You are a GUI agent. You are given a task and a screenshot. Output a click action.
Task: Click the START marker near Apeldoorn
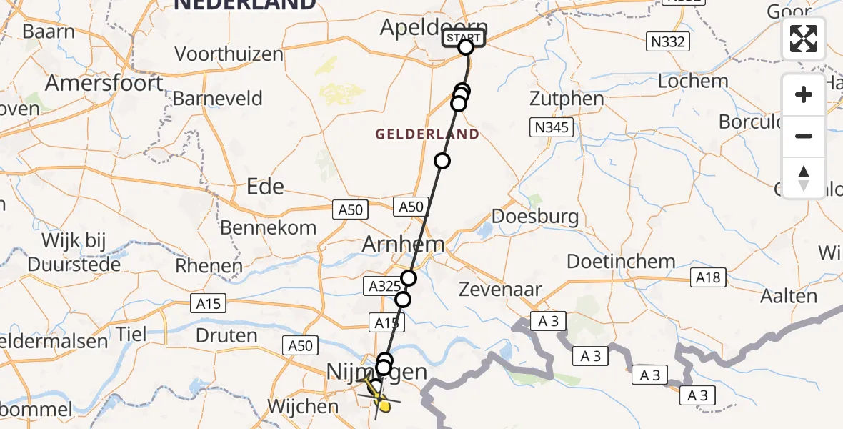click(465, 39)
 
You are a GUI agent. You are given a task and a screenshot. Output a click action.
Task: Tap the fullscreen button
click(804, 39)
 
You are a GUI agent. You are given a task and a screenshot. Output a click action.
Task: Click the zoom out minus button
click(804, 136)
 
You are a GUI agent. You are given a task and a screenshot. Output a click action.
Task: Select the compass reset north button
click(804, 178)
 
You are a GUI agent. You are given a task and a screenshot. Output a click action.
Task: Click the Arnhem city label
click(404, 244)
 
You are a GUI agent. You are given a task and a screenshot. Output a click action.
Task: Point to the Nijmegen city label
click(376, 371)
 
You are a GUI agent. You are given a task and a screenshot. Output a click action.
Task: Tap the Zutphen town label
click(567, 98)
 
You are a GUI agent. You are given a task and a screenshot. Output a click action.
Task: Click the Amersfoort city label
click(104, 83)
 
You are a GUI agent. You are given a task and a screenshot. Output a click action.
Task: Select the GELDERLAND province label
click(427, 134)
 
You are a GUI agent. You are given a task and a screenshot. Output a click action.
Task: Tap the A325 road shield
click(381, 287)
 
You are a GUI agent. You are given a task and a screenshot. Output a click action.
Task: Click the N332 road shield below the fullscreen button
click(668, 41)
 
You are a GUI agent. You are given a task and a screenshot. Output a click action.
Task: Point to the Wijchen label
click(302, 407)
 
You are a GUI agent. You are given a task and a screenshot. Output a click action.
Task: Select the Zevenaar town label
click(501, 290)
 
